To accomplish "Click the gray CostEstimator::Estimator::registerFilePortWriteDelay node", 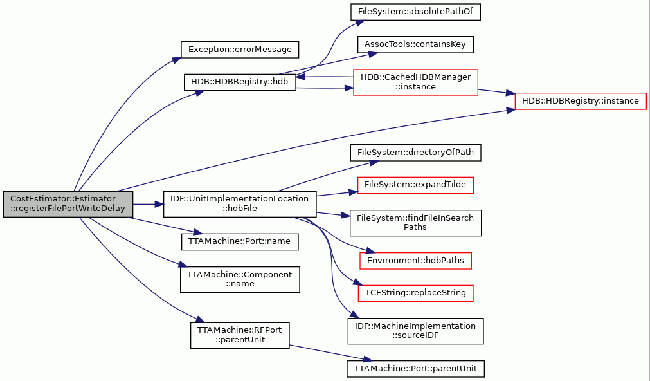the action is point(68,204).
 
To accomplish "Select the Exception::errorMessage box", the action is point(240,50).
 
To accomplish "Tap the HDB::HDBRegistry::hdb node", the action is point(240,82).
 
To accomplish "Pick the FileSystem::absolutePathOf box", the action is point(415,12).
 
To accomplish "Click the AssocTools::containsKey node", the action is point(415,44).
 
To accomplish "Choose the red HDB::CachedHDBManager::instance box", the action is point(416,82).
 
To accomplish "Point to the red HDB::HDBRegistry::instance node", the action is point(581,101).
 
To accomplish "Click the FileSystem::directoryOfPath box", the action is point(415,153).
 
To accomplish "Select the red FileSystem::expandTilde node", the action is point(415,185).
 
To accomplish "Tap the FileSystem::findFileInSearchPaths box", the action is point(415,223).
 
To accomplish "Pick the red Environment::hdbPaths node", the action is point(415,261).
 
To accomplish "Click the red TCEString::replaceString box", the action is point(415,293).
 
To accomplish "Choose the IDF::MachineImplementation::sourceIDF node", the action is point(415,331).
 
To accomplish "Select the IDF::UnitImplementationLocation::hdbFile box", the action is point(240,204).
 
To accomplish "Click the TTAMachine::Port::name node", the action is point(240,241).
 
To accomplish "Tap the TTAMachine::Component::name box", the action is point(240,279).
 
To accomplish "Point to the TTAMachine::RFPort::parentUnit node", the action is point(240,335).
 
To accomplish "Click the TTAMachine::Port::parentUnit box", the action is point(415,369).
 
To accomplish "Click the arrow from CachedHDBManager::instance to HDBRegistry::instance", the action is point(496,92).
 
